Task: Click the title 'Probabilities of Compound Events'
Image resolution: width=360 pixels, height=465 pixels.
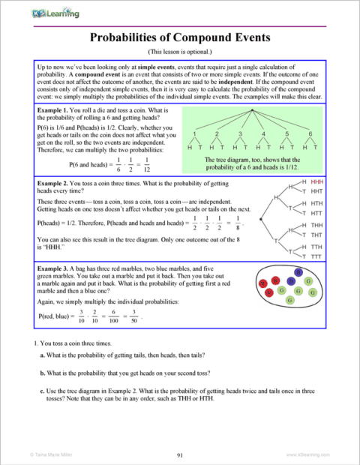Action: [x=180, y=37]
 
